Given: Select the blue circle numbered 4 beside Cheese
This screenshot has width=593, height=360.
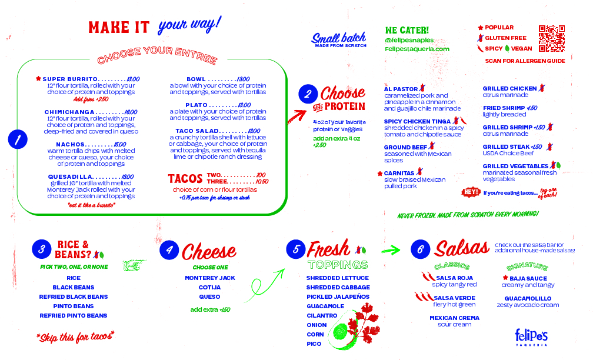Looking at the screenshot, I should pos(169,249).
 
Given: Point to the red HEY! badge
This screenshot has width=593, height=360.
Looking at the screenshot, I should pos(471,192).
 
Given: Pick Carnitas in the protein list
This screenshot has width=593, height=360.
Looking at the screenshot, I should pos(399,174).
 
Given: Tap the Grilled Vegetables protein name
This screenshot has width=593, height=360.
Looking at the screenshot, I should pos(515,166).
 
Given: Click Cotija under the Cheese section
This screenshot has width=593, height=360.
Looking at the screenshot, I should pos(209,287).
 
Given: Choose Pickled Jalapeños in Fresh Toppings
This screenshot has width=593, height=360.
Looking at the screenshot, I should pos(338,296).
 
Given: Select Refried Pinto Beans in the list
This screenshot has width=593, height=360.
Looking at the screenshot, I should pos(74,315).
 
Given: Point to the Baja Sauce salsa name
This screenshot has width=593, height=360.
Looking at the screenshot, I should pos(528,278).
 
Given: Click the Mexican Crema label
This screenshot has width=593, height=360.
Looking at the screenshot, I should pos(454,318).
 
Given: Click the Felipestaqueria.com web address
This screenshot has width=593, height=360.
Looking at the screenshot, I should pos(417,49).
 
